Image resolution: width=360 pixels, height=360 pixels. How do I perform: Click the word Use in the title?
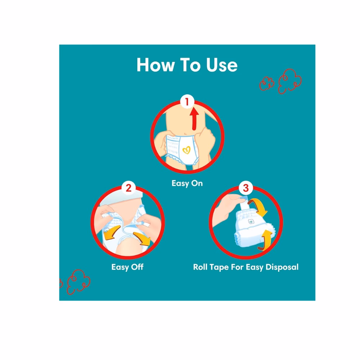click(x=222, y=65)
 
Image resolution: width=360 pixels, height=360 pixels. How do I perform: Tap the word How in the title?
click(x=156, y=65)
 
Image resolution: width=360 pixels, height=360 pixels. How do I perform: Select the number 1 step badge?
click(x=187, y=102)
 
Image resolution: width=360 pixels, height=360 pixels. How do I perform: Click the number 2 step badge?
click(x=129, y=188)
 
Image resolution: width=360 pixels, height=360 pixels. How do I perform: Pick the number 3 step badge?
click(x=246, y=188)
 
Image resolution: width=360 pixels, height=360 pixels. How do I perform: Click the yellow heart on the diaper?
click(x=186, y=150)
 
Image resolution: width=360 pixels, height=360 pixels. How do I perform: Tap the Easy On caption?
click(x=187, y=184)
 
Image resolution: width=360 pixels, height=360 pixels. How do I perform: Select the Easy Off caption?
click(x=127, y=267)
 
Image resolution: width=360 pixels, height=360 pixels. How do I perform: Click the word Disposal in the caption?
click(x=282, y=267)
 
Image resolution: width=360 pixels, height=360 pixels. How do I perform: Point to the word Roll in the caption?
click(x=200, y=267)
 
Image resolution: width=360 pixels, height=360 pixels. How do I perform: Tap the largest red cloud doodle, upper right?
click(x=290, y=81)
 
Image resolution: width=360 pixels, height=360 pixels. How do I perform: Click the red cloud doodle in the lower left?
click(x=78, y=282)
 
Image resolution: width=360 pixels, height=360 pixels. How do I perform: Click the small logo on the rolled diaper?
click(x=251, y=221)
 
